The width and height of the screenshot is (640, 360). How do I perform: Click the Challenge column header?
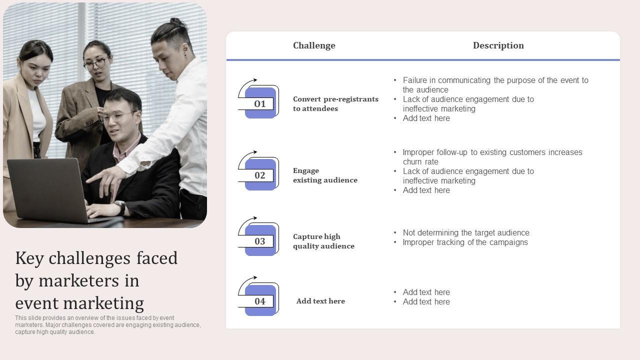pyautogui.click(x=314, y=45)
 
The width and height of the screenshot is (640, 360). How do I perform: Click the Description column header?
pyautogui.click(x=498, y=45)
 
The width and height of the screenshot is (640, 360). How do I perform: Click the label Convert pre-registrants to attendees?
pyautogui.click(x=335, y=103)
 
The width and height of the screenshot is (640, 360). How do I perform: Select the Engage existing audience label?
pyautogui.click(x=325, y=175)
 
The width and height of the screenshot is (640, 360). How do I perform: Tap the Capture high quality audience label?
pyautogui.click(x=323, y=241)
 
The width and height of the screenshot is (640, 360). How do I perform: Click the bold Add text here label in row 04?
pyautogui.click(x=320, y=301)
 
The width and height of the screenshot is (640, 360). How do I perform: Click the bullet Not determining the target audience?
pyautogui.click(x=466, y=233)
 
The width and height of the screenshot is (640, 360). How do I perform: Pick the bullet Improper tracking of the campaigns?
pyautogui.click(x=465, y=242)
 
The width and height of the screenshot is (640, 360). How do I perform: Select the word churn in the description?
pyautogui.click(x=412, y=161)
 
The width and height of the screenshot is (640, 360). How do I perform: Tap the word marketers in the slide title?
pyautogui.click(x=79, y=280)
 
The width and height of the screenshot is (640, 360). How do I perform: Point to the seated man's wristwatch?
pyautogui.click(x=121, y=207)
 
